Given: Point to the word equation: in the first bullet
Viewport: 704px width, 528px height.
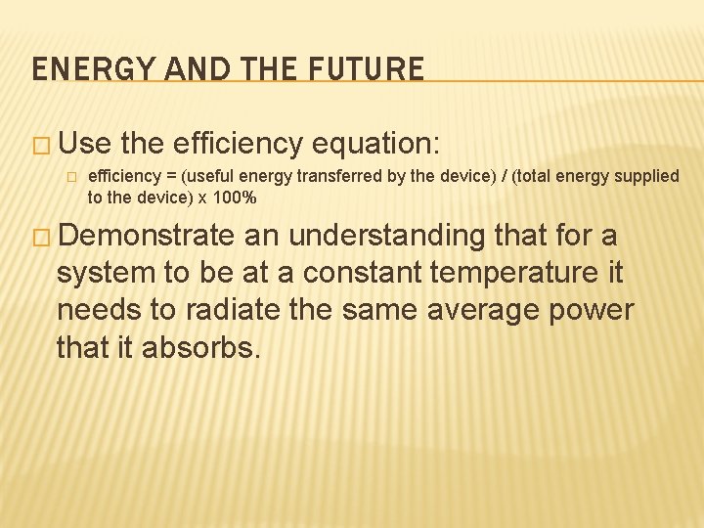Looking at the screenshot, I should [x=378, y=145].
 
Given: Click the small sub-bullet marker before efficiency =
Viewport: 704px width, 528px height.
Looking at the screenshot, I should [x=70, y=177].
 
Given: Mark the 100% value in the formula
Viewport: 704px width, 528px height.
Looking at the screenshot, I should [x=234, y=197].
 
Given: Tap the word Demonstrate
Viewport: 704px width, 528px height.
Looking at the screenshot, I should [x=147, y=237].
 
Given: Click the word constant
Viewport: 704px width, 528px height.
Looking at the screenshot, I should [x=330, y=273].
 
